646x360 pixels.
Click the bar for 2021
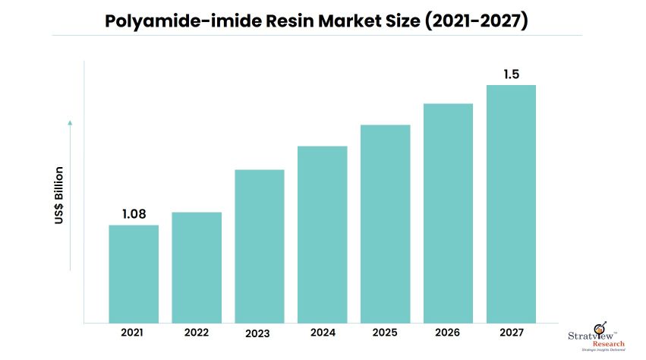134,273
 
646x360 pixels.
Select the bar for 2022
197,267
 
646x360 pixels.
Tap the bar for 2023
260,245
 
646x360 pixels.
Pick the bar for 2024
323,234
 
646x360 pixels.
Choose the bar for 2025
386,223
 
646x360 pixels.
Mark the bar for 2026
449,213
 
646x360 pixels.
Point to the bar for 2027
511,204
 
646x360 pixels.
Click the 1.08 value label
134,215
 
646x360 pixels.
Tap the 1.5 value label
512,74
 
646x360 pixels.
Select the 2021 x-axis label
134,332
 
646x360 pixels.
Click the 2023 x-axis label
260,333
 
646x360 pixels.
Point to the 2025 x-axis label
386,332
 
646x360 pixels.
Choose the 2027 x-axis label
511,332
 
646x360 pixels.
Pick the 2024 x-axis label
323,332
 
